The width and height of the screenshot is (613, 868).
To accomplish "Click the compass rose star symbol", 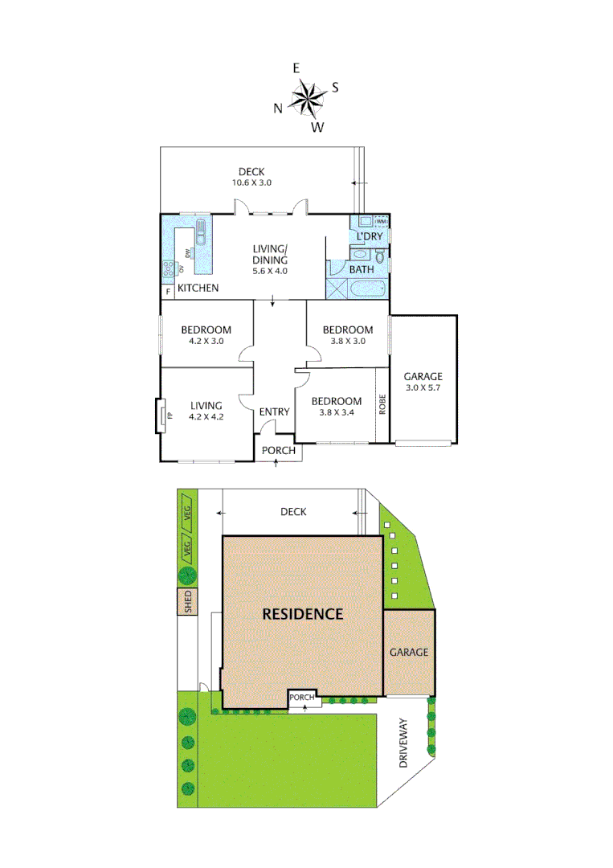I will [306, 99].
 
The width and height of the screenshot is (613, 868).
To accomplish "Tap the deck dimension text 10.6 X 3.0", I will [251, 182].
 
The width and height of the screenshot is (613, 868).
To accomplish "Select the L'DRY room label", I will [370, 236].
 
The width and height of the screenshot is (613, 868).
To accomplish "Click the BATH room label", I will [361, 269].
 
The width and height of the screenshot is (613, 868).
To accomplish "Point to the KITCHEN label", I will [198, 288].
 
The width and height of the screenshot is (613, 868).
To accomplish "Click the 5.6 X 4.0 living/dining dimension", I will [270, 271].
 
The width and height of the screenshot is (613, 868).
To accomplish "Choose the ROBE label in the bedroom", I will [383, 404].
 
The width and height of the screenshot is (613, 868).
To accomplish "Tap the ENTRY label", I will [274, 412].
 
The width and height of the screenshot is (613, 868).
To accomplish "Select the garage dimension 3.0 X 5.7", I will [423, 388].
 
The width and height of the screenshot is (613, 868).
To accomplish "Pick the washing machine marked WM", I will [381, 221].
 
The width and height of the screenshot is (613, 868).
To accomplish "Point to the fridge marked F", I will [168, 291].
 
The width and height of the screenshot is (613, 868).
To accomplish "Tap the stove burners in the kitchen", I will [170, 269].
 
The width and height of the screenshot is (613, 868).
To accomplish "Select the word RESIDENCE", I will [303, 614].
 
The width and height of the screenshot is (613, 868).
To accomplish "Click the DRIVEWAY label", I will [404, 743].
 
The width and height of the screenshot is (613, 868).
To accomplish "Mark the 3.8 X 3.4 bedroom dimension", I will [337, 412].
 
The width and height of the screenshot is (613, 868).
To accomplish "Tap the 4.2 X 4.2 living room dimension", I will [206, 417].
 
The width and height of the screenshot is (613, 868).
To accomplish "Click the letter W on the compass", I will [318, 127].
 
